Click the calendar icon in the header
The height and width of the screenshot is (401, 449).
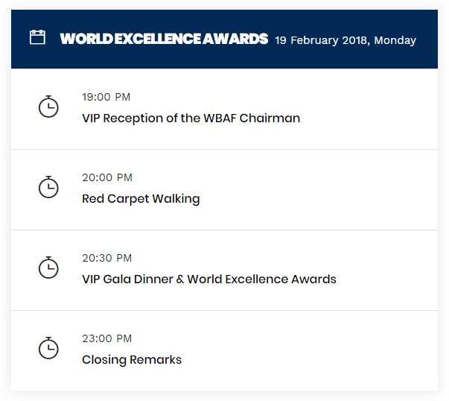pos(37,37)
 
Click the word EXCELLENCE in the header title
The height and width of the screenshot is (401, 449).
pos(158,39)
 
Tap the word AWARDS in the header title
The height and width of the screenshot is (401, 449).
pos(235,39)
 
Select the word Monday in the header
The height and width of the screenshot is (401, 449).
pos(395,40)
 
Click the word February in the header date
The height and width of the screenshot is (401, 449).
pos(314,40)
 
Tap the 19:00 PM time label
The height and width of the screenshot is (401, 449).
pos(106,97)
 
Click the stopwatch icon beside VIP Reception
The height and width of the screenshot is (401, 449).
pos(48,107)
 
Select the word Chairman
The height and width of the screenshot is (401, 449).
pos(270,118)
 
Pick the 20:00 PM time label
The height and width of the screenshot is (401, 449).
pos(107,177)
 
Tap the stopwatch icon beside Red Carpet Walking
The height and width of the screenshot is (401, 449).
pos(48,187)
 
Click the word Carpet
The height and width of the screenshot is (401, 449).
pos(128,199)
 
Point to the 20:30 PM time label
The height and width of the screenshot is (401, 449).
pos(106,258)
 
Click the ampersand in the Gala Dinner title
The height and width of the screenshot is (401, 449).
pos(180,280)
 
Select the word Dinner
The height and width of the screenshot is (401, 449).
pos(153,280)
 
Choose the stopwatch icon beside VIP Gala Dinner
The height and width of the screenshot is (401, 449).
pos(48,268)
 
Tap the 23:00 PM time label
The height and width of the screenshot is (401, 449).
pos(106,339)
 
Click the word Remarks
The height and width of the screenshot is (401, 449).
pos(156,360)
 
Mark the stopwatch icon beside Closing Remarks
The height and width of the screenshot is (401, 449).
pos(48,348)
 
